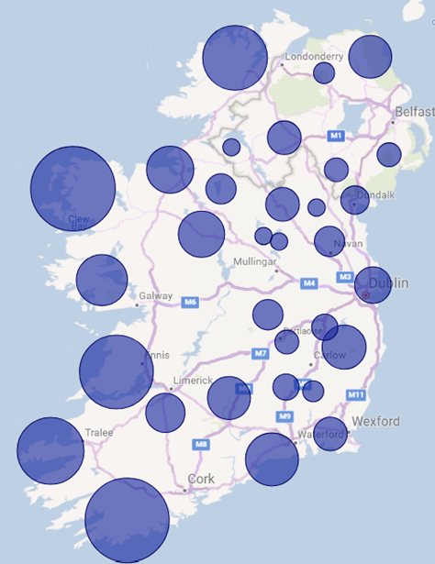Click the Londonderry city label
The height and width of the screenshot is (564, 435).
(x=314, y=57)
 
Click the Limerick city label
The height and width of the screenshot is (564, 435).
(x=194, y=381)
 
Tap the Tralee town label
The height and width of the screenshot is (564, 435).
(x=99, y=432)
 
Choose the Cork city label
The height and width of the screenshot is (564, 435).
(x=200, y=479)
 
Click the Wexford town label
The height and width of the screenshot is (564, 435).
(x=374, y=421)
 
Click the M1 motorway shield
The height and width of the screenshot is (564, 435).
(x=336, y=136)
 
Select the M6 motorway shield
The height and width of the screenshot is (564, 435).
(x=190, y=302)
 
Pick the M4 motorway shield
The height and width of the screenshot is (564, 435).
(x=309, y=283)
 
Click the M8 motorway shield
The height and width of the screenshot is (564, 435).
(x=201, y=445)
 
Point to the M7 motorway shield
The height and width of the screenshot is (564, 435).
(x=261, y=353)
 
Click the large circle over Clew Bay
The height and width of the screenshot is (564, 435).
(x=72, y=189)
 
